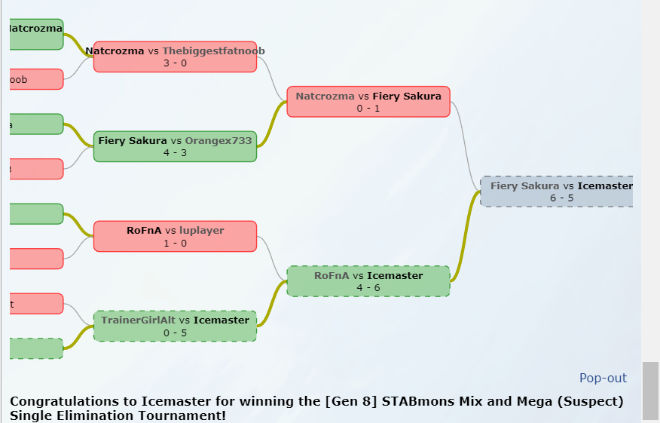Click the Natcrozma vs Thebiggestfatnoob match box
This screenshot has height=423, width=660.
pos(175,57)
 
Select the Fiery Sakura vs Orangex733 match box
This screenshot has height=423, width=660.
pos(175,146)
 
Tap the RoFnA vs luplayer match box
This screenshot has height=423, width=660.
pos(175,236)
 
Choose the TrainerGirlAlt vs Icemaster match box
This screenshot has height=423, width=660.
pos(175,326)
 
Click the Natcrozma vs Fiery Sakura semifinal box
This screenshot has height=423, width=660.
pos(368,102)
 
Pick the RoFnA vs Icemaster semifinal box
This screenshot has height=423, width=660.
pos(368,281)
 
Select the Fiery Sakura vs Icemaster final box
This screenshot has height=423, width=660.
pos(557,192)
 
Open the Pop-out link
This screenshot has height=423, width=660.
pos(603,378)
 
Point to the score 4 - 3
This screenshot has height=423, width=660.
pos(175,152)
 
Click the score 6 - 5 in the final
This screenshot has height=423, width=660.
pos(561,198)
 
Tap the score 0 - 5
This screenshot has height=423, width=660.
pos(175,333)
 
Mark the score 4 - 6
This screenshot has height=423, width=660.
pos(368,287)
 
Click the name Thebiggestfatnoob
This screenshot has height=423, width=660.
pos(213,51)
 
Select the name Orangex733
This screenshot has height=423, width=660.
pos(218,140)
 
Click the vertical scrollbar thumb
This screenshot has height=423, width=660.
pos(649,390)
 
